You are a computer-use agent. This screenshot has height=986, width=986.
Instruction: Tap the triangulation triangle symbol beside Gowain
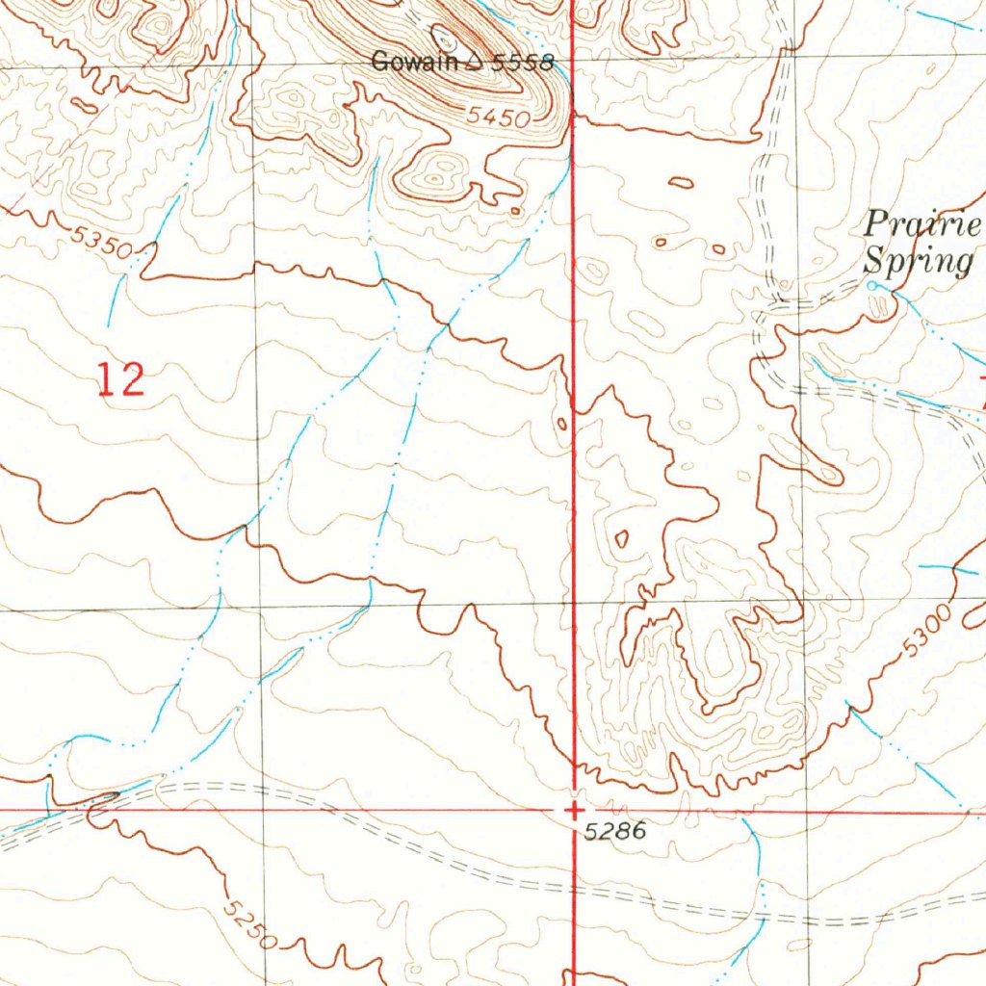(x=474, y=65)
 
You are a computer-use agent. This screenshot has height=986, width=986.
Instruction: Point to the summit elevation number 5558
(x=523, y=65)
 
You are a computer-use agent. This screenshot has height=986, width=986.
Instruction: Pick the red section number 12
(x=121, y=378)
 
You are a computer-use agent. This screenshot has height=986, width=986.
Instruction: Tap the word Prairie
(x=921, y=226)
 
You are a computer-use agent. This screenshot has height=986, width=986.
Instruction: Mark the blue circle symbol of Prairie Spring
(x=872, y=286)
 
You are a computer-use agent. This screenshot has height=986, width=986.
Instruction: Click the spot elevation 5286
(x=611, y=830)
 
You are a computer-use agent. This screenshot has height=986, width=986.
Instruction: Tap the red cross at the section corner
(x=574, y=810)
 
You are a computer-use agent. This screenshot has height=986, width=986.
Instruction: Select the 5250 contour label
(x=248, y=922)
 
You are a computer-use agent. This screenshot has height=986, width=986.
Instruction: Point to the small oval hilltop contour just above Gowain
(x=445, y=39)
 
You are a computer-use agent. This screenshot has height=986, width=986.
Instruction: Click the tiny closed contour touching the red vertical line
(x=562, y=423)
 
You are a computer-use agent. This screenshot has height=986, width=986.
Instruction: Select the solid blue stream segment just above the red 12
(x=116, y=298)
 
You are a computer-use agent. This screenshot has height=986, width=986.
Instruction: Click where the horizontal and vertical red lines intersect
(x=574, y=810)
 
